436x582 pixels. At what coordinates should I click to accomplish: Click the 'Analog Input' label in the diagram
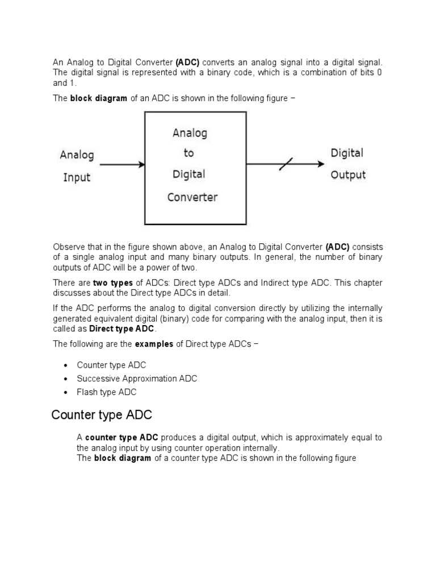(x=77, y=165)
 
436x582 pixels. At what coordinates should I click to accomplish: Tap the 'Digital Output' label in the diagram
(x=347, y=164)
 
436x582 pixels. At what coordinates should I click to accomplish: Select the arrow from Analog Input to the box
(x=122, y=165)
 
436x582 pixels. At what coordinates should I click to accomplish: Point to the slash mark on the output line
(x=286, y=164)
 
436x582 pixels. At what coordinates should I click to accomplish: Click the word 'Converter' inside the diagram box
(x=192, y=198)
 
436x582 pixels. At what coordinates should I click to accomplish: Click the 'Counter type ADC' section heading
(x=102, y=415)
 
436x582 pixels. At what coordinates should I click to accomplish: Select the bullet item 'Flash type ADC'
(x=107, y=392)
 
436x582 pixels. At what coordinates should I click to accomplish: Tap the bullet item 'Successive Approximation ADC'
(x=137, y=379)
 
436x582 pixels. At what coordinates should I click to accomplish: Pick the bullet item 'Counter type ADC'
(x=111, y=365)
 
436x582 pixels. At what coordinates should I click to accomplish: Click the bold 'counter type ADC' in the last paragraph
(x=121, y=437)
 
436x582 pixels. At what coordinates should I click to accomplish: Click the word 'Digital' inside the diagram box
(x=189, y=174)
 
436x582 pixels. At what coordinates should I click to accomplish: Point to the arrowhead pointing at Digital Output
(x=322, y=164)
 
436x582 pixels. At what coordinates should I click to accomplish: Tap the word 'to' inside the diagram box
(x=188, y=153)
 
